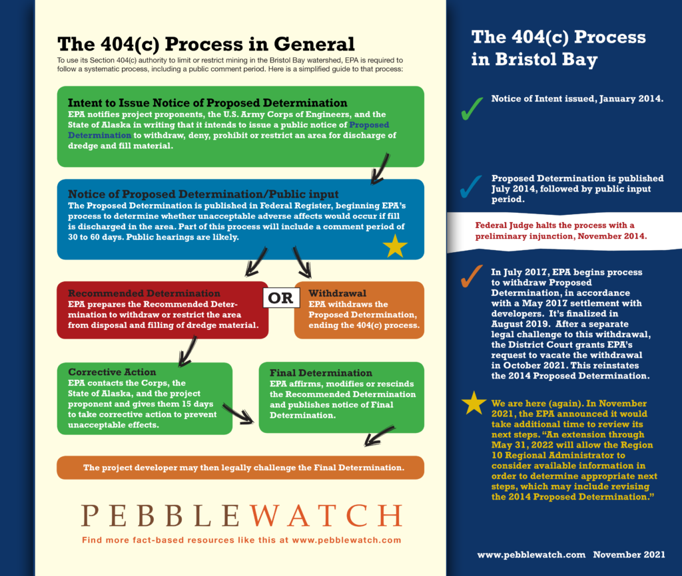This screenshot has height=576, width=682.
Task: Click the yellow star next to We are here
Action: tap(474, 403)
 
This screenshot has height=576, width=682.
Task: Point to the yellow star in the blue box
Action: tap(395, 246)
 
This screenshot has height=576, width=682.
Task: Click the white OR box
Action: tap(281, 298)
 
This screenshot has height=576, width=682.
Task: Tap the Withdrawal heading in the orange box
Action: tap(337, 293)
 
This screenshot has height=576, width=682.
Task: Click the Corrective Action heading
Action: tap(112, 372)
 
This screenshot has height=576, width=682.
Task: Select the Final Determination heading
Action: tap(320, 372)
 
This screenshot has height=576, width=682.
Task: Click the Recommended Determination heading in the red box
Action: tap(144, 293)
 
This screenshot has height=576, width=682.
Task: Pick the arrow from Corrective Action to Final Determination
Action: tap(238, 414)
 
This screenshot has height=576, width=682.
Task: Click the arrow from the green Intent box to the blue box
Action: tap(380, 168)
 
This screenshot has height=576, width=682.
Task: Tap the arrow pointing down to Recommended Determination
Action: tap(256, 262)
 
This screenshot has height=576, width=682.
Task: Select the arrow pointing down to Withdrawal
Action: tap(302, 262)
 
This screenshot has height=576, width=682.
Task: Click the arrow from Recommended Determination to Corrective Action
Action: tap(187, 351)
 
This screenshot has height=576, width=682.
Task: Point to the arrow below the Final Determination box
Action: tap(379, 436)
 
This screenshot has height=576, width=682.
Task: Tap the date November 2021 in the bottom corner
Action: tap(629, 555)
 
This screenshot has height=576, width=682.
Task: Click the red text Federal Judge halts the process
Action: tap(554, 225)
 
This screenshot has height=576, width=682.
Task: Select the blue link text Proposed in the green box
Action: tap(369, 124)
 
